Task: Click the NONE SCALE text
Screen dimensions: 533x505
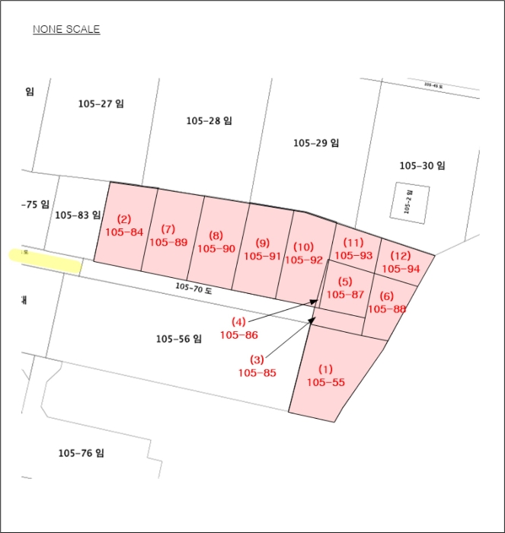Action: point(66,30)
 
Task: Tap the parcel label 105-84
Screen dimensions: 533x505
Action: point(124,231)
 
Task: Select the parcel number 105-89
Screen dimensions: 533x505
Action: point(168,242)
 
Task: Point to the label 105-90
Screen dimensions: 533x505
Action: point(216,248)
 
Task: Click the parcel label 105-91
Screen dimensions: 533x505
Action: point(263,256)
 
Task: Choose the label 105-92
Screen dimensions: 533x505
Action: point(303,260)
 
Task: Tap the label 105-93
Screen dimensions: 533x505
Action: point(353,256)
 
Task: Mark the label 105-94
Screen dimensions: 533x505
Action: point(401,269)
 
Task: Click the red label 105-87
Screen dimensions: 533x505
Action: point(344,294)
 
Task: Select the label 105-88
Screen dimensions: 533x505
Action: point(386,308)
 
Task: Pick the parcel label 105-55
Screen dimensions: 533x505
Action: point(325,382)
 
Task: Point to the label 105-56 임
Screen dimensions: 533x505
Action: point(177,339)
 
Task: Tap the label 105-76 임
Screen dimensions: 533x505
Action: point(81,453)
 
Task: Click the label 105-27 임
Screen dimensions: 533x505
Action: point(101,104)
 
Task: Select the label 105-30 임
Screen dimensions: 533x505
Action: point(422,165)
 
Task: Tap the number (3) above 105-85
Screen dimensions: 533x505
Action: point(257,359)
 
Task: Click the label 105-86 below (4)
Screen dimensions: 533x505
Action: point(238,334)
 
